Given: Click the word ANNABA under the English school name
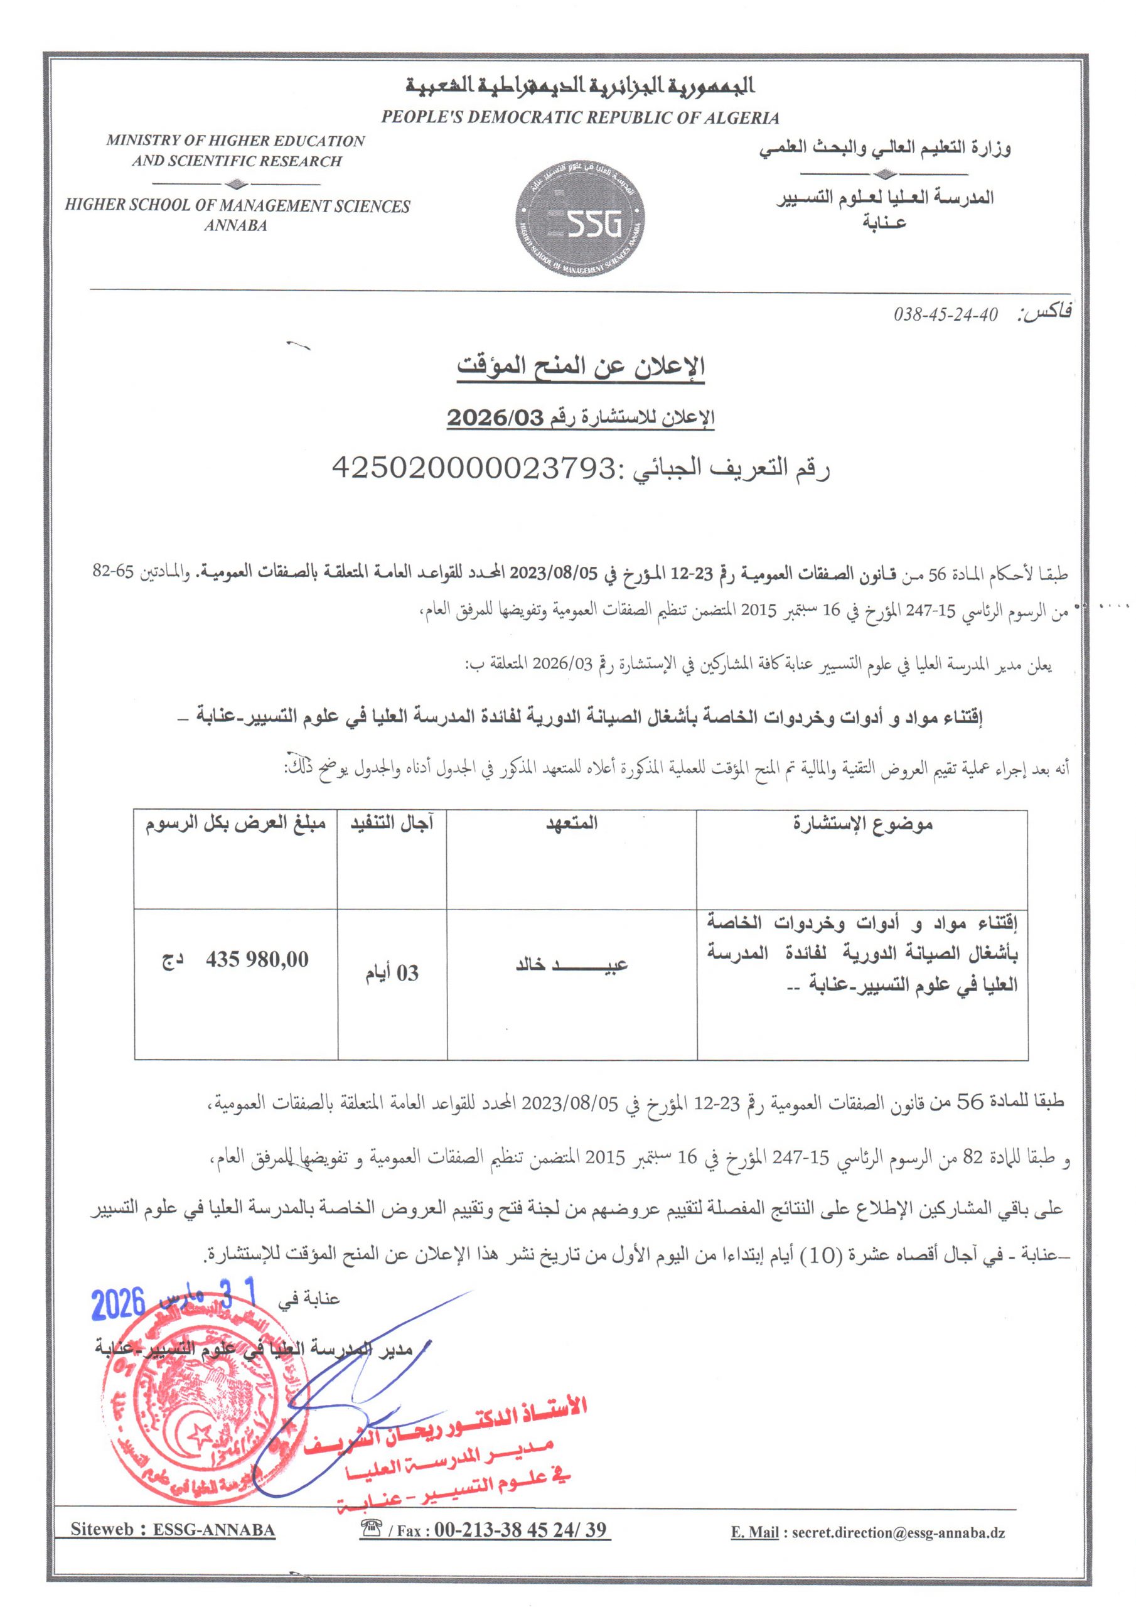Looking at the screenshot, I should [x=236, y=225].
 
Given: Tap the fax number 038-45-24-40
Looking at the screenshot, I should [x=945, y=314].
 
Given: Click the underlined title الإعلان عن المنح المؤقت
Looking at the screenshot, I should [x=581, y=366].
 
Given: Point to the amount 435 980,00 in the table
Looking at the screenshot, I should [x=257, y=959].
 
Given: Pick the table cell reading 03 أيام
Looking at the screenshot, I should [x=392, y=973].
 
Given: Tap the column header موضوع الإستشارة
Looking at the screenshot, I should [x=862, y=824].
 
